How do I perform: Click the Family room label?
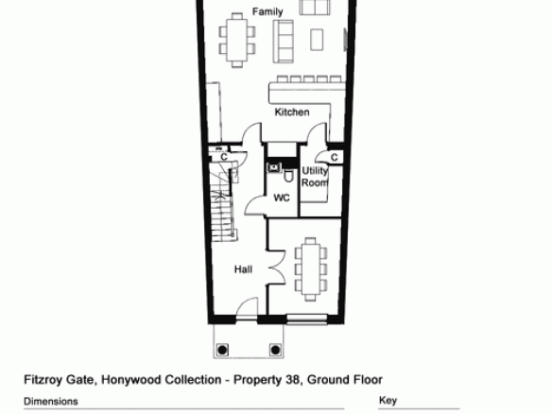pos(267,12)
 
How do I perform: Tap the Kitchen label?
pos(292,112)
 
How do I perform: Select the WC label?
pos(282,198)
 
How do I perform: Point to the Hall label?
pos(243,269)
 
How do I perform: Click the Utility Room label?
pos(315,177)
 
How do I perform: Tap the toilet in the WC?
pos(288,176)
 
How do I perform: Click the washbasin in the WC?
pos(274,167)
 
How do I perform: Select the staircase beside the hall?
pos(222,201)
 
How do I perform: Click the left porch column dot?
pos(222,350)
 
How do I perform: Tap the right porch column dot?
pos(275,350)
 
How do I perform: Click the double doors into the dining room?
pos(277,267)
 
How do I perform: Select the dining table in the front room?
pos(310,269)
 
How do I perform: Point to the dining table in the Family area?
pos(237,40)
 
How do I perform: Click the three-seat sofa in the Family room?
pos(283,42)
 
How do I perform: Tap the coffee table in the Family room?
pos(317,40)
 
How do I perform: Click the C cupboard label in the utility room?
pos(334,157)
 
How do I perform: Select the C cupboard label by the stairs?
pos(224,157)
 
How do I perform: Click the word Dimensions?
pos(51,402)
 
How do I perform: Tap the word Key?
pos(388,401)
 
